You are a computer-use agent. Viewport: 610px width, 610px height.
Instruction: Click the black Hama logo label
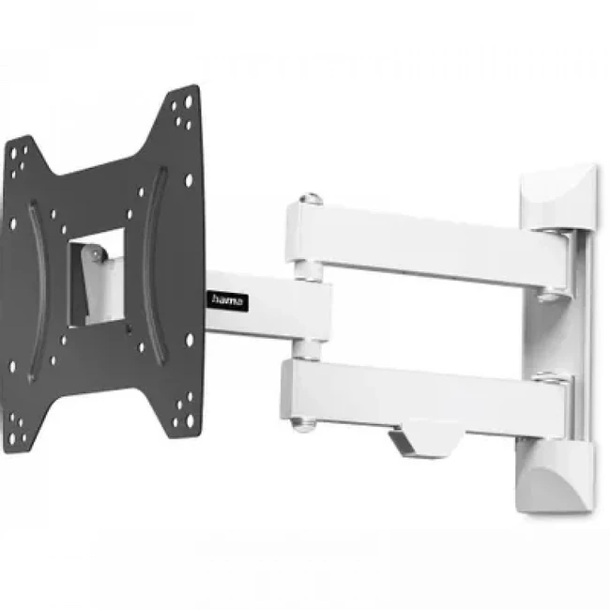(227, 300)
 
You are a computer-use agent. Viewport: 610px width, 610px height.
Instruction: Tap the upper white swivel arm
(428, 248)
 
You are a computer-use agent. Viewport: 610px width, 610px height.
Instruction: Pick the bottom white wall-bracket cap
(556, 476)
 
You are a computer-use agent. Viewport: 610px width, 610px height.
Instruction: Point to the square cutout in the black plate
(98, 278)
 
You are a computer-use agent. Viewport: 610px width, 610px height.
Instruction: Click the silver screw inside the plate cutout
(95, 254)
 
